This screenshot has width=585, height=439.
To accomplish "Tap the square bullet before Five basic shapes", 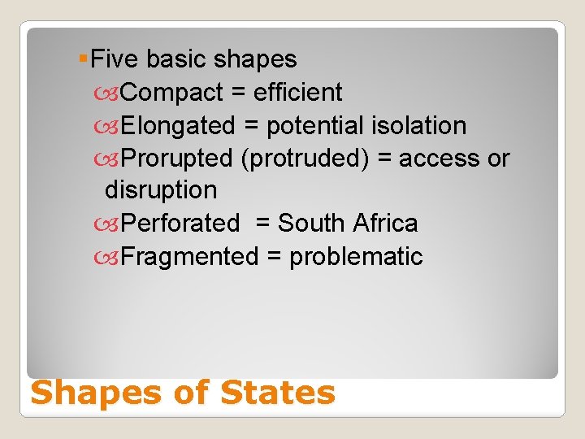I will point(84,59).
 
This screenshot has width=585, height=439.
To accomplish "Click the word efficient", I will point(297,93).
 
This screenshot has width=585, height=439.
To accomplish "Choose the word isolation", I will point(418,126).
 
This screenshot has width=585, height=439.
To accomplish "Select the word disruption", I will point(161,190).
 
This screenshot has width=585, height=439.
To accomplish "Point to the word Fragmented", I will point(188,257).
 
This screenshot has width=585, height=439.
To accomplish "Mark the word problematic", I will point(356,257).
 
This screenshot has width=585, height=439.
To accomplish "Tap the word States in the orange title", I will point(278,393).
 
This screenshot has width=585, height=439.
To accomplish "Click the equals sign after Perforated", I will point(263,224).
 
